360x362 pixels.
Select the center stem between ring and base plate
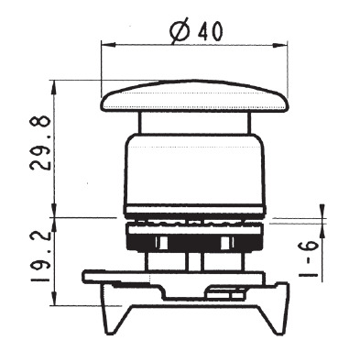[x=191, y=261]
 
